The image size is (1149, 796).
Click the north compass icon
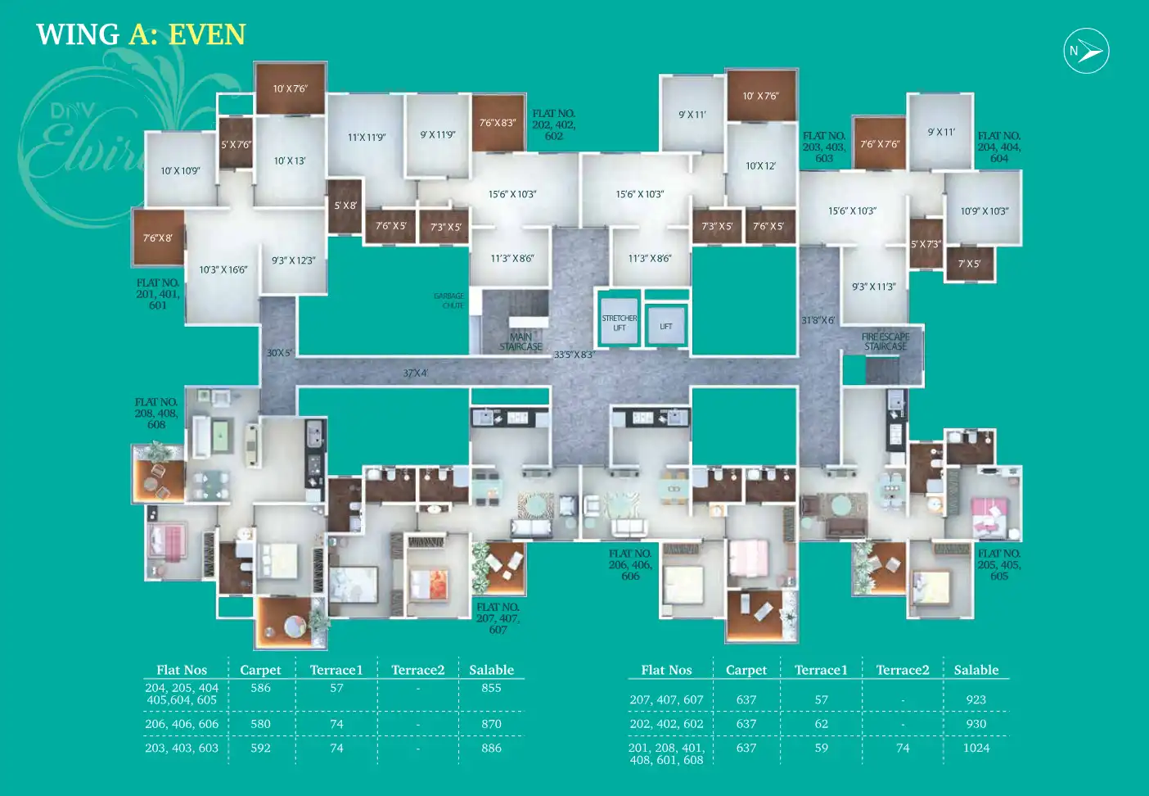1086,51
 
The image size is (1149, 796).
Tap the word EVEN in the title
207,34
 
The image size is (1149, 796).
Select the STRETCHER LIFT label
620,323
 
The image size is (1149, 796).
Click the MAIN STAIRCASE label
520,341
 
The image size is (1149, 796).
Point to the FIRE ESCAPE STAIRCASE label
885,341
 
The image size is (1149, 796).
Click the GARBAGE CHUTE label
449,301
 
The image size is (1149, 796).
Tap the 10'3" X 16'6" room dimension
223,269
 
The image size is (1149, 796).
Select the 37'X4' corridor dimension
415,373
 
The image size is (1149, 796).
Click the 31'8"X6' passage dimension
818,320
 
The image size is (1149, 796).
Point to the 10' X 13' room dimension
290,161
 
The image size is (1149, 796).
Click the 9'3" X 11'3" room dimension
873,287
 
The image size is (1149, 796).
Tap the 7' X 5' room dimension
969,264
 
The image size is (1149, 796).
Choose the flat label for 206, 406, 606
630,565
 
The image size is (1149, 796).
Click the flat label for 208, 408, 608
156,414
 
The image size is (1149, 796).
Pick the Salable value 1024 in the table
976,748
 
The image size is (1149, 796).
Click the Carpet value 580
260,724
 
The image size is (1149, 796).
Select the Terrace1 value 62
821,724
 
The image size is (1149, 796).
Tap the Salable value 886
491,748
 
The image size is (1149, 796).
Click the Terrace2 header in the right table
903,670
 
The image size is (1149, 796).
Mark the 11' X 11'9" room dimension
367,138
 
